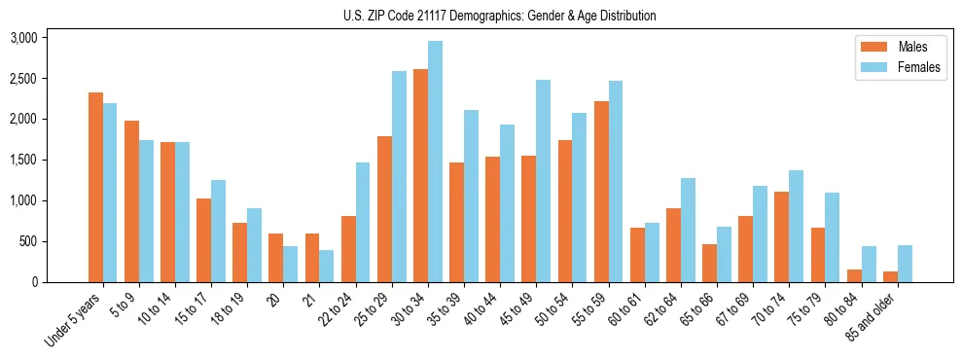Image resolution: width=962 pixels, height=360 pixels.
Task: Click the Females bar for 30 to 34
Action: (435, 162)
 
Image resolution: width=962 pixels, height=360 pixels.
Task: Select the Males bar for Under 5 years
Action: (95, 187)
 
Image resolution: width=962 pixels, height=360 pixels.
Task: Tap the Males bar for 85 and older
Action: (890, 276)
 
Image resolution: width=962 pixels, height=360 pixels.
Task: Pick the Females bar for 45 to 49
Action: (543, 181)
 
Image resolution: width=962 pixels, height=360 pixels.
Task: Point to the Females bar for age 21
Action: (327, 266)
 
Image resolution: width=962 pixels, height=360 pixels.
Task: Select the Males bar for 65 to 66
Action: (710, 263)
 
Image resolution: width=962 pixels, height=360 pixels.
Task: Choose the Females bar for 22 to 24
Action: (363, 222)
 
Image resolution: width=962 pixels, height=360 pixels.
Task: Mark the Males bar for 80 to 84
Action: (854, 275)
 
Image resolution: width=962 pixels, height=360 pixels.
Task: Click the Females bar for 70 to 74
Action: (796, 226)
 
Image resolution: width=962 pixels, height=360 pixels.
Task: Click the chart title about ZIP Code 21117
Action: (500, 16)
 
